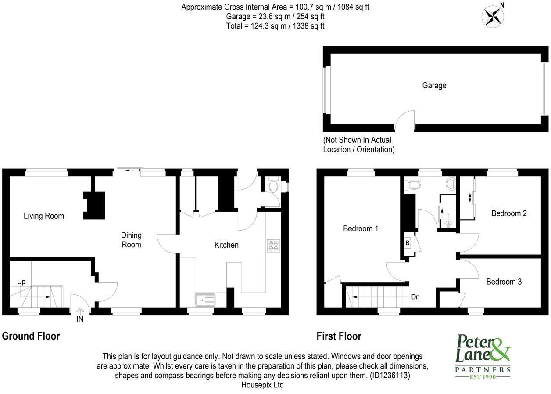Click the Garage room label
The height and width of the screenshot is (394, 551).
click(434, 86)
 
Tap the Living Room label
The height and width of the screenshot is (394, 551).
click(44, 216)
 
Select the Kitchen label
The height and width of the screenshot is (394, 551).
click(226, 245)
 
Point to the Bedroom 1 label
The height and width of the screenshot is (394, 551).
click(361, 228)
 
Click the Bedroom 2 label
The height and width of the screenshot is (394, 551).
click(509, 213)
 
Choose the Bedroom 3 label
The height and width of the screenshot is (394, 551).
click(504, 282)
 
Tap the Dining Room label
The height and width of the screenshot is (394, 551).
click(132, 240)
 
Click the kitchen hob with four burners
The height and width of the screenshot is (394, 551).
click(274, 246)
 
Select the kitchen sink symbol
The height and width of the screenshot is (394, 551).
click(205, 300)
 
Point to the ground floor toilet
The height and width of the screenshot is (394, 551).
click(273, 186)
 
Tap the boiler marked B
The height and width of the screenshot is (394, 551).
click(408, 243)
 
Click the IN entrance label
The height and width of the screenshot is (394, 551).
click(80, 319)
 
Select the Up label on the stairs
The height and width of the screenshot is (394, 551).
click(21, 281)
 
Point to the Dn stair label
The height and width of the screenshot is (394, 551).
click(415, 297)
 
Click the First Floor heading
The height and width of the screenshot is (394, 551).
click(339, 336)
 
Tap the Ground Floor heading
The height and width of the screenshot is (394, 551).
click(31, 336)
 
